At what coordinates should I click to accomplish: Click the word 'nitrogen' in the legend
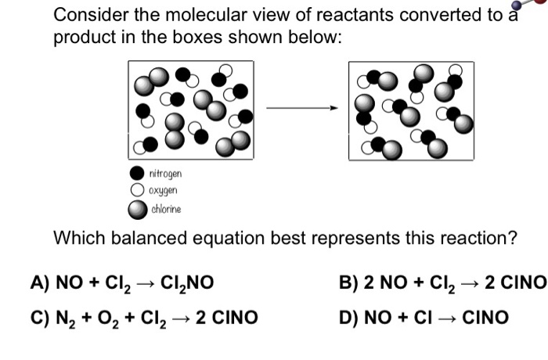coord(164,173)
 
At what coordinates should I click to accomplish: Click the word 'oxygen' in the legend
coord(163,191)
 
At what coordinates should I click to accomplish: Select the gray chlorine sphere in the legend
coord(137,209)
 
